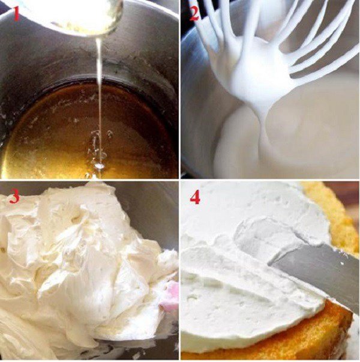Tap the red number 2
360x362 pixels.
[x=194, y=14]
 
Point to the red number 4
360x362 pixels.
[x=195, y=197]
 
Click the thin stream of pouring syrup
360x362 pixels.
[x=99, y=90]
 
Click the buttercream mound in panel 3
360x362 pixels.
[x=78, y=258]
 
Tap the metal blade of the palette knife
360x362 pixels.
[x=318, y=270]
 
